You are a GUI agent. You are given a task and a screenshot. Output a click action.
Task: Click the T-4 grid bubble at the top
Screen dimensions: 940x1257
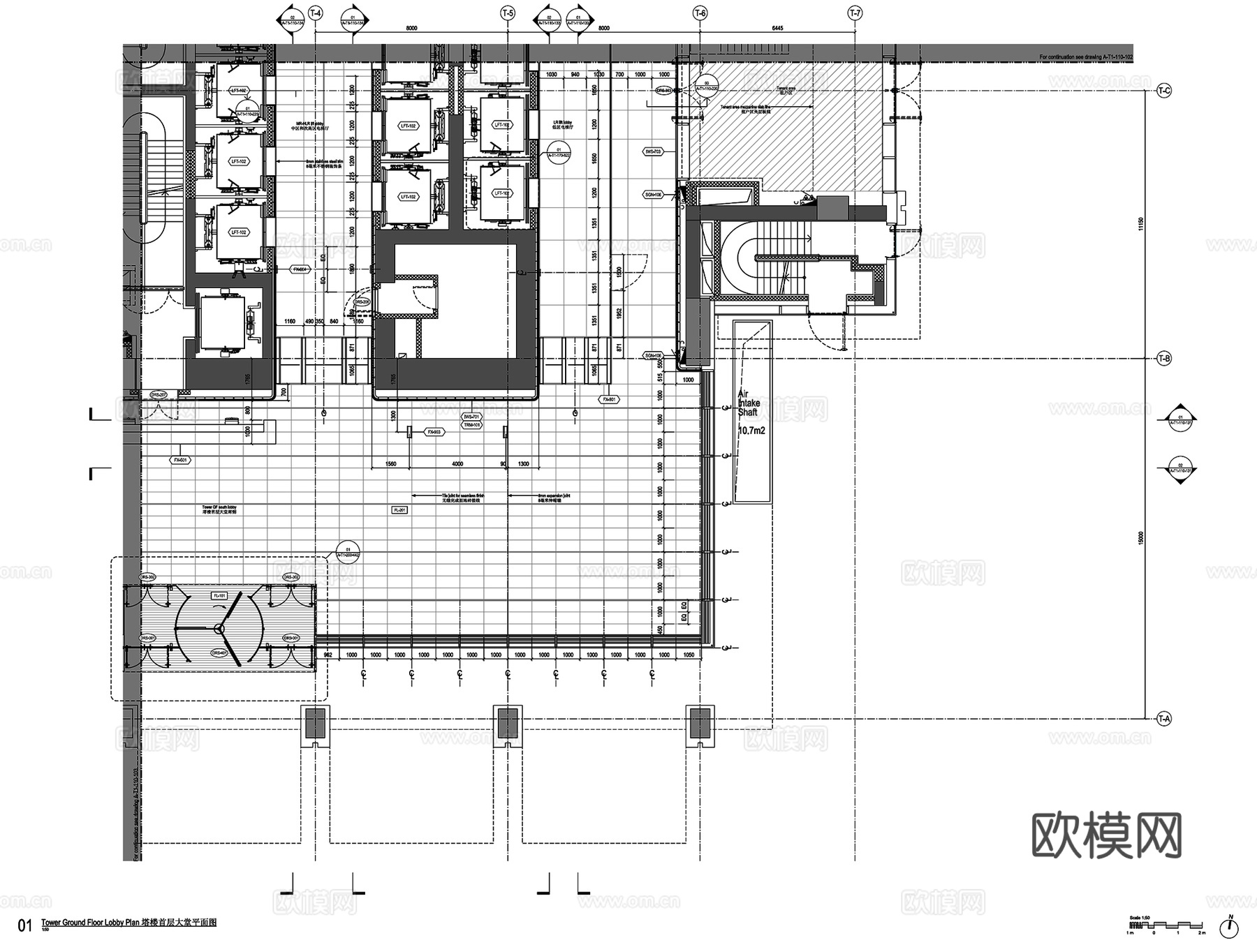(316, 13)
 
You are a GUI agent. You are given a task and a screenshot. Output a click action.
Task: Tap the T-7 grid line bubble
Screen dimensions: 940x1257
(855, 13)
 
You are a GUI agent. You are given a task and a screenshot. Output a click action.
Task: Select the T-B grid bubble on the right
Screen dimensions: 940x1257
(1164, 359)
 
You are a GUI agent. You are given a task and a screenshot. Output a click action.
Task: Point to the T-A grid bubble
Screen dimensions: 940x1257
(1164, 718)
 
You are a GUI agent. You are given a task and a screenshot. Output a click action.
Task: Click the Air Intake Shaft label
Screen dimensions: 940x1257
(749, 403)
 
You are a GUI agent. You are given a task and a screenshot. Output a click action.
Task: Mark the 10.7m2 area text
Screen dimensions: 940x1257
(751, 431)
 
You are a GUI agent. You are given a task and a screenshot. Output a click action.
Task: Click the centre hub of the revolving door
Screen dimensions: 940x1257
(219, 628)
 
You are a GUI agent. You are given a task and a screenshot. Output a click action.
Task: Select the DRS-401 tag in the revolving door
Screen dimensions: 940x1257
(219, 653)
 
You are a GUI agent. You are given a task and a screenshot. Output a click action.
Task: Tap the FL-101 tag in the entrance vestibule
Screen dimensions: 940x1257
(219, 596)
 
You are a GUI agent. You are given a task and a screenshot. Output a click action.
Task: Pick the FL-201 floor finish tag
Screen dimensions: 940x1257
(399, 510)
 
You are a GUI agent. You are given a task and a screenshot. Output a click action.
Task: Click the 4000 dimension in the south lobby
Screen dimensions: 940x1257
(457, 464)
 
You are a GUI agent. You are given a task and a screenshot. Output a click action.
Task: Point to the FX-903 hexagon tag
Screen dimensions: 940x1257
(434, 432)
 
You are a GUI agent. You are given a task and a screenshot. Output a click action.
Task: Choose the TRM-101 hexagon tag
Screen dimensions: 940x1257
(472, 425)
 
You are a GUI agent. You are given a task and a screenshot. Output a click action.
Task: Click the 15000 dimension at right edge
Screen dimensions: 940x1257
(1141, 537)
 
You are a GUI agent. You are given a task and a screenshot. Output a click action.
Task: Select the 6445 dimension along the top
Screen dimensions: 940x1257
(777, 29)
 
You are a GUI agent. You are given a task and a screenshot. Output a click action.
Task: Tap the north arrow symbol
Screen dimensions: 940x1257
(1229, 927)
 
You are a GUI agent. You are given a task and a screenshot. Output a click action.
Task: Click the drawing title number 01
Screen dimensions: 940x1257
(25, 925)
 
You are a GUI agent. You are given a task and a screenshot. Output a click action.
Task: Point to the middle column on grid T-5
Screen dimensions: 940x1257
(508, 722)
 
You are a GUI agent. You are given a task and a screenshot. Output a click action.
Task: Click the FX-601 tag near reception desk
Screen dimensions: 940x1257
(181, 461)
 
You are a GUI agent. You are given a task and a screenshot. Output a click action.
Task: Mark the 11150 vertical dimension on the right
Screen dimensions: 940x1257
(1141, 223)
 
